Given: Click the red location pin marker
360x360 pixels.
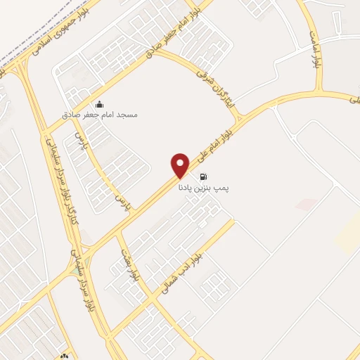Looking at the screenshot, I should click(181, 165).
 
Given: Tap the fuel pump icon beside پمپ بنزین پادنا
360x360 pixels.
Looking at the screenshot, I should click(204, 176).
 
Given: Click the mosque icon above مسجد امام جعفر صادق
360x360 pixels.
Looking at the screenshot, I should click(99, 105).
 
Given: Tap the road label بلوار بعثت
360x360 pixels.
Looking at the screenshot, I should click(129, 264).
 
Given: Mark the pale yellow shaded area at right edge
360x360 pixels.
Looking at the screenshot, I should click(349, 236).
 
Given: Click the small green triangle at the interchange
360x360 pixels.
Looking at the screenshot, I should click(75, 269).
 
